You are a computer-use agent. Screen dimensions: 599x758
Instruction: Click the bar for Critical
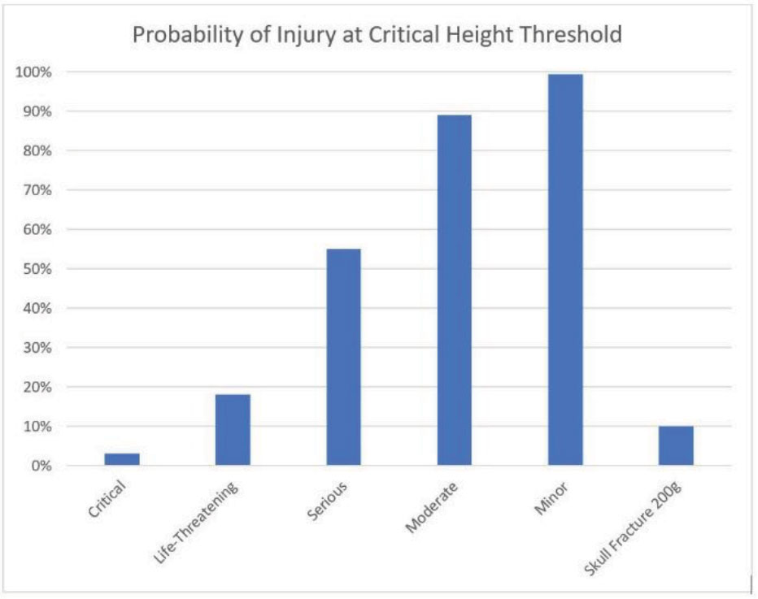[122, 459]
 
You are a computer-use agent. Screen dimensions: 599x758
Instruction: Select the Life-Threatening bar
[233, 430]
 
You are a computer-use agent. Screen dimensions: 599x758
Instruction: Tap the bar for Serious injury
[343, 357]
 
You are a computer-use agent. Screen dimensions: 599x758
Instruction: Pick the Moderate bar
[454, 290]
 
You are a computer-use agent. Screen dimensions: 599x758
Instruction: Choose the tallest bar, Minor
[565, 270]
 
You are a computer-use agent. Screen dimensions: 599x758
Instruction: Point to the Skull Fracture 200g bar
[676, 445]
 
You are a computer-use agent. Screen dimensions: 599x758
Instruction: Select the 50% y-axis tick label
[37, 269]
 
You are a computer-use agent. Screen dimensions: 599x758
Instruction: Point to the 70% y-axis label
[37, 190]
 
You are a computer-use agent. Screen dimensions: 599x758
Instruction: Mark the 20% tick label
[37, 387]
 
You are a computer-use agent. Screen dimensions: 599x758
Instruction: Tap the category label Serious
[329, 500]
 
